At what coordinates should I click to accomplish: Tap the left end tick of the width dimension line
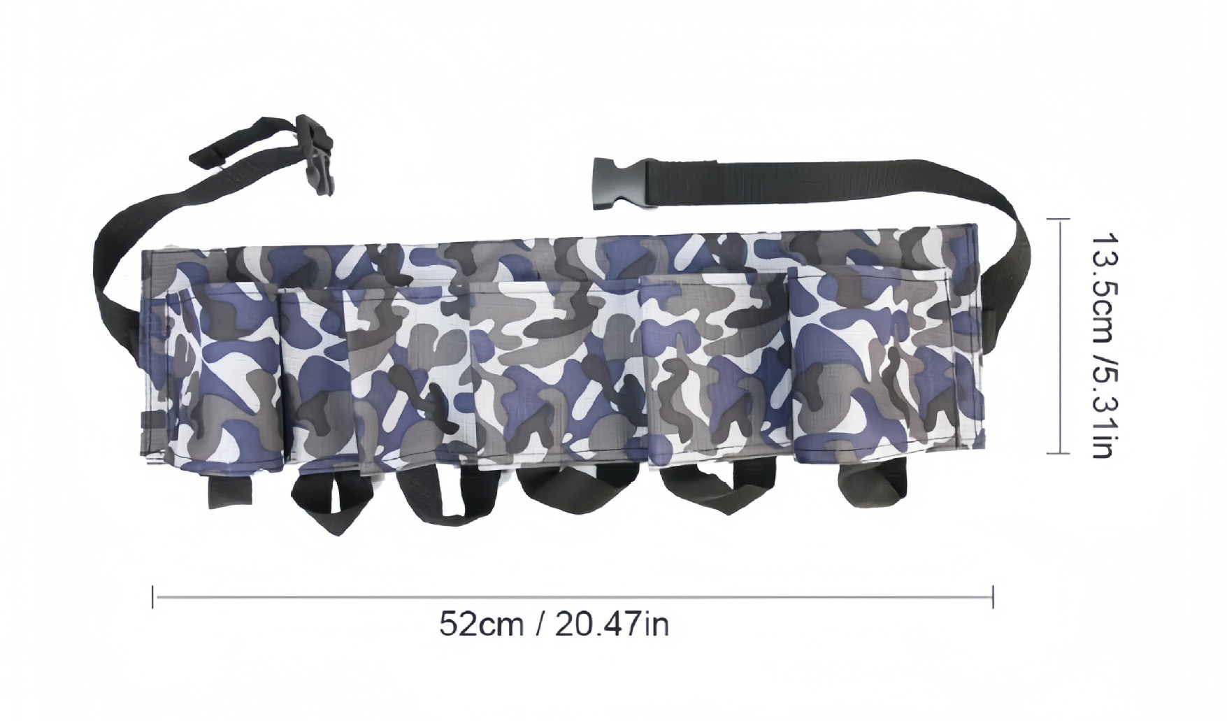(153, 597)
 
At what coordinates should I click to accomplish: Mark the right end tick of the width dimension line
(993, 597)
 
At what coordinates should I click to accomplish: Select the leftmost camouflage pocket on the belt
(224, 378)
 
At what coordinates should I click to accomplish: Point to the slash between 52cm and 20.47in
(540, 624)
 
